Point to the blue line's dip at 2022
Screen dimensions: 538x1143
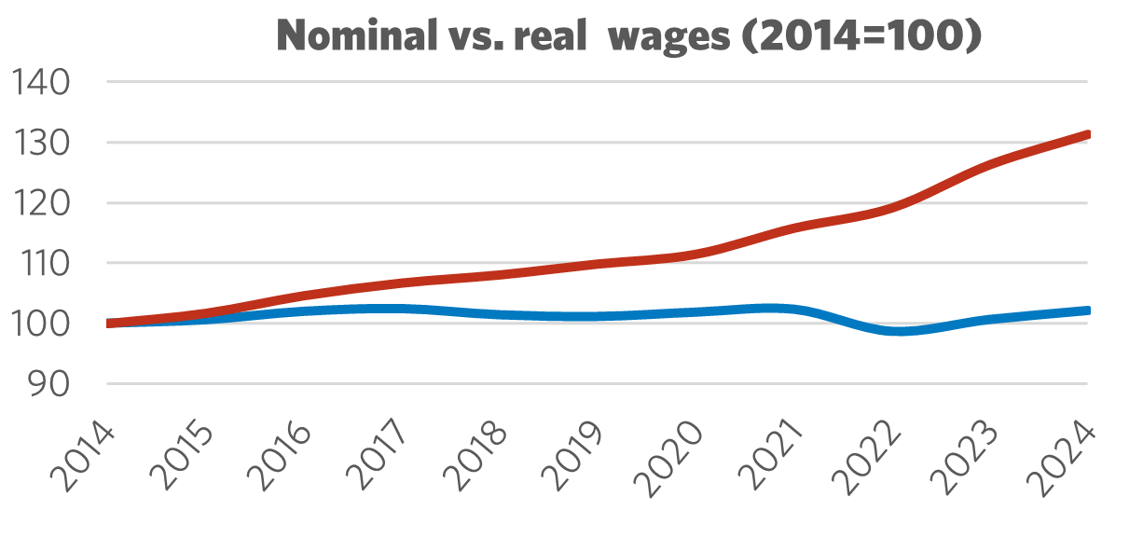(892, 331)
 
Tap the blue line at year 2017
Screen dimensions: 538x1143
(402, 308)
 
